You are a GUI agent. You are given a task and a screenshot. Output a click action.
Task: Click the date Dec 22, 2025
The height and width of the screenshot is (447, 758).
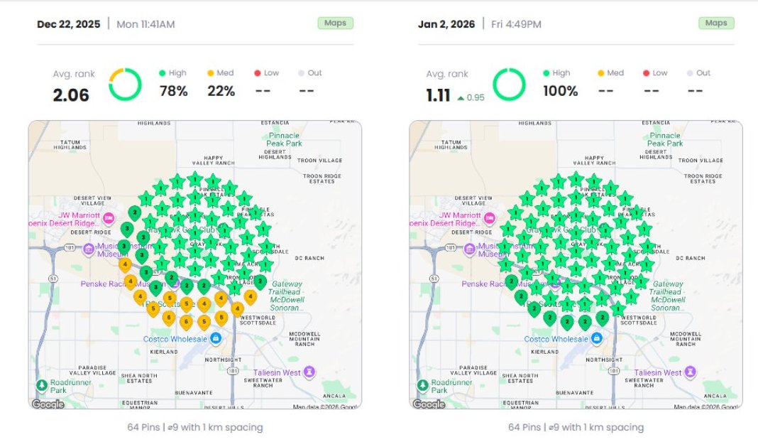click(x=69, y=24)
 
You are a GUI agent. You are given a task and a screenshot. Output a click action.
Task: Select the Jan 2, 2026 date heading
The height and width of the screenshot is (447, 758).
click(x=447, y=24)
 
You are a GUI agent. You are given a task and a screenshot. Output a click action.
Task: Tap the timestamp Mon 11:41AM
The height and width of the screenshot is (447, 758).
click(x=145, y=24)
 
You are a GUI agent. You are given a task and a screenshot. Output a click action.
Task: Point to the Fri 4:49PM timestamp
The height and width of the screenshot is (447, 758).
click(x=516, y=24)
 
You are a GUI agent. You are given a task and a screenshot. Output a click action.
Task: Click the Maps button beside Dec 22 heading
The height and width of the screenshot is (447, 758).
click(x=335, y=23)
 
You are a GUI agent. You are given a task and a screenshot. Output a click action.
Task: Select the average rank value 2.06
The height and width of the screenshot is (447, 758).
click(x=71, y=95)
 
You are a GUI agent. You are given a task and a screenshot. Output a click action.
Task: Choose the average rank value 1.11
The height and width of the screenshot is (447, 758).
click(x=438, y=95)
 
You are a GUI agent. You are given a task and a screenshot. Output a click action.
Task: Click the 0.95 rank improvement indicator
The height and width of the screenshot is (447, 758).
click(x=472, y=97)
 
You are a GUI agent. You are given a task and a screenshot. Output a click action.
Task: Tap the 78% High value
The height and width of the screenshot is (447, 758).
click(x=173, y=91)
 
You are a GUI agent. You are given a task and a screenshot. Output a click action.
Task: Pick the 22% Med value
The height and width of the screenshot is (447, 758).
click(x=221, y=91)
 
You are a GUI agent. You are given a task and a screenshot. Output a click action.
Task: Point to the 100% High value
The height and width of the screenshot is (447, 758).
click(x=561, y=91)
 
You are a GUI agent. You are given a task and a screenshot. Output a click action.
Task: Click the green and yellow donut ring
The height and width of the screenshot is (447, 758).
click(x=125, y=85)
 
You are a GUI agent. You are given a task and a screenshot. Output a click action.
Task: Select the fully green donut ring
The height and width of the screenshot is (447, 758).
click(x=509, y=85)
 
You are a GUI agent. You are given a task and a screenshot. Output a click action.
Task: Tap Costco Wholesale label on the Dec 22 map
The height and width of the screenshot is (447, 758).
click(x=176, y=339)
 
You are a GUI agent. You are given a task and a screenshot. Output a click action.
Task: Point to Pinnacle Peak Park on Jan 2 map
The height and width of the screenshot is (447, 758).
click(x=664, y=139)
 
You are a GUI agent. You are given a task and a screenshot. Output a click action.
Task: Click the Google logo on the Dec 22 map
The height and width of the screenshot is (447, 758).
click(x=48, y=404)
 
